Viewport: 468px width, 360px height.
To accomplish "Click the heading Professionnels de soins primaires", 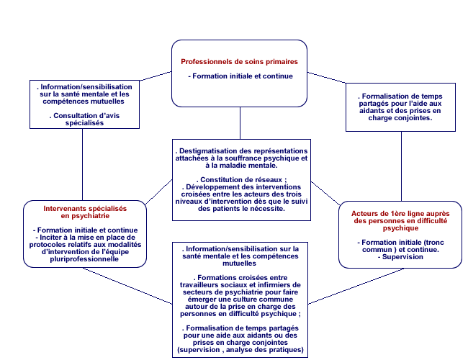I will (240, 61).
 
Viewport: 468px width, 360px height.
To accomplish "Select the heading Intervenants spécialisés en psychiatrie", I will (85, 212).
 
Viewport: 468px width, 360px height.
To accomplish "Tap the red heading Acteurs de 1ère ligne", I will (400, 214).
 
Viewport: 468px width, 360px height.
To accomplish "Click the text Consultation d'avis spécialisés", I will (82, 119).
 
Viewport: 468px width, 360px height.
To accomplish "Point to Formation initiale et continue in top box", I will (240, 76).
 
